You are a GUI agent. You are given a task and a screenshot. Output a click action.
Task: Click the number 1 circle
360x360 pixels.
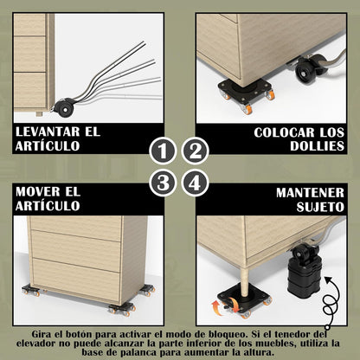tap(162, 152)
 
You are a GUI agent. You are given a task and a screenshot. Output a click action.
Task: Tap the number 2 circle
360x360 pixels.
tap(196, 152)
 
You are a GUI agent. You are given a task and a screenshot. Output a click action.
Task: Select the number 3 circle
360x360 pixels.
tap(162, 183)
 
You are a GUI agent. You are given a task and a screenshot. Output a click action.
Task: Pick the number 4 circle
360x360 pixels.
tap(196, 183)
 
